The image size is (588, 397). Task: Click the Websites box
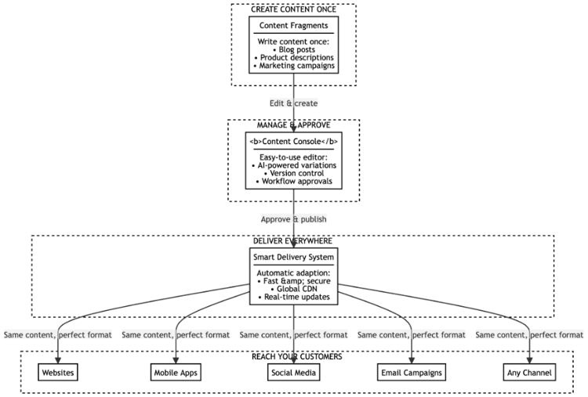pos(59,372)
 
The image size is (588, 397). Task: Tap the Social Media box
pos(293,372)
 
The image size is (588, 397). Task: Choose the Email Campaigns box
pos(411,372)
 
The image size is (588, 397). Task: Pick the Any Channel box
pos(528,372)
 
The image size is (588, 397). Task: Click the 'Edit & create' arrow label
pos(293,103)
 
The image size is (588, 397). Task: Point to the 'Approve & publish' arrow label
pos(293,218)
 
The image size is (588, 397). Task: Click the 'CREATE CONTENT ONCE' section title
pos(293,9)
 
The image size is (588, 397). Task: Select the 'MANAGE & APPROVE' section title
pos(293,125)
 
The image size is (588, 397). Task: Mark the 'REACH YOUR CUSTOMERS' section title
pos(293,356)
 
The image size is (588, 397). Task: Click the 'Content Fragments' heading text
pos(293,26)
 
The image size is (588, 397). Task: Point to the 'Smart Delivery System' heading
pos(293,256)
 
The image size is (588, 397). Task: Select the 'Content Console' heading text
pos(293,141)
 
